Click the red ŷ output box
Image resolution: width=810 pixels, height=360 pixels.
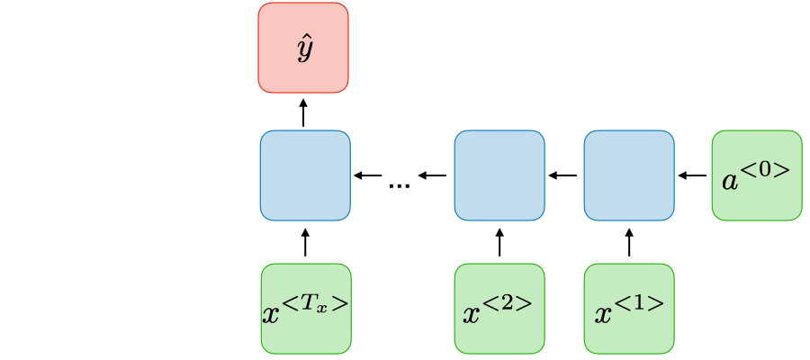[302, 47]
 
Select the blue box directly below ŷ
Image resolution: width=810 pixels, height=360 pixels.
[304, 175]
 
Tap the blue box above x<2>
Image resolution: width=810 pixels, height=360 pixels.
[499, 175]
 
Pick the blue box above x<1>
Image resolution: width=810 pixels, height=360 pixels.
[628, 175]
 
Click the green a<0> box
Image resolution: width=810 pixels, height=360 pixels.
[756, 175]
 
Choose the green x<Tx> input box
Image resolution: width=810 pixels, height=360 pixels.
[305, 308]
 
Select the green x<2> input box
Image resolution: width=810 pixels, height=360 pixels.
[499, 308]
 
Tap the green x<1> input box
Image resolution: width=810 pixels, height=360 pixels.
[628, 308]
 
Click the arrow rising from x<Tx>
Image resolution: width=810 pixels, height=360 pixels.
[305, 242]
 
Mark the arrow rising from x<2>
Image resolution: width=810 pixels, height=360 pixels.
[499, 242]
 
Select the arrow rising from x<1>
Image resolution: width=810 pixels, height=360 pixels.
[629, 242]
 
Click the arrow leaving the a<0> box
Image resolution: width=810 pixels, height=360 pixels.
[692, 175]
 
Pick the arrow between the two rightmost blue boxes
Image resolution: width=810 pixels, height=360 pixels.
[563, 175]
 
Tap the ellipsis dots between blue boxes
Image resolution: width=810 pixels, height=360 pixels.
[399, 184]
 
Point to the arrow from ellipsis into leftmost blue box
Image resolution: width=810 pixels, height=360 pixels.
[368, 175]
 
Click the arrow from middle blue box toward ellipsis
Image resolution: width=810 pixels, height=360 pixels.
[433, 175]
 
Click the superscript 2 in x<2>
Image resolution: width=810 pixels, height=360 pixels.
[508, 302]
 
